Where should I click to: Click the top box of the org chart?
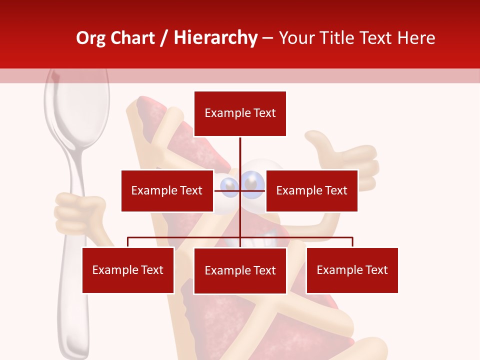(240, 113)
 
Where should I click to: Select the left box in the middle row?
(167, 190)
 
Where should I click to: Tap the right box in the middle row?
(311, 190)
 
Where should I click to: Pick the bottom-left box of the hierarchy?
(128, 270)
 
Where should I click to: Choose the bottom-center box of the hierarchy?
(240, 270)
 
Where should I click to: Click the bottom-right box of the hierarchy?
(352, 270)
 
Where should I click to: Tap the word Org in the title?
(91, 38)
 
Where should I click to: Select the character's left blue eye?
(230, 184)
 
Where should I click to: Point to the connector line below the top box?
(240, 152)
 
